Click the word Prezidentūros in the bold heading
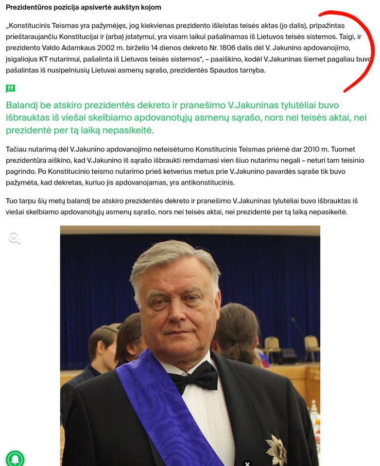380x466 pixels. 29,7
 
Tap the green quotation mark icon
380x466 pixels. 10,88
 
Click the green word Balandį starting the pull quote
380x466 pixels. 24,105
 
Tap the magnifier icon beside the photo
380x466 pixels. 15,238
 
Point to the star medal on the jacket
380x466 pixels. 276,449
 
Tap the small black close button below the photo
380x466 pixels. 247,463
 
